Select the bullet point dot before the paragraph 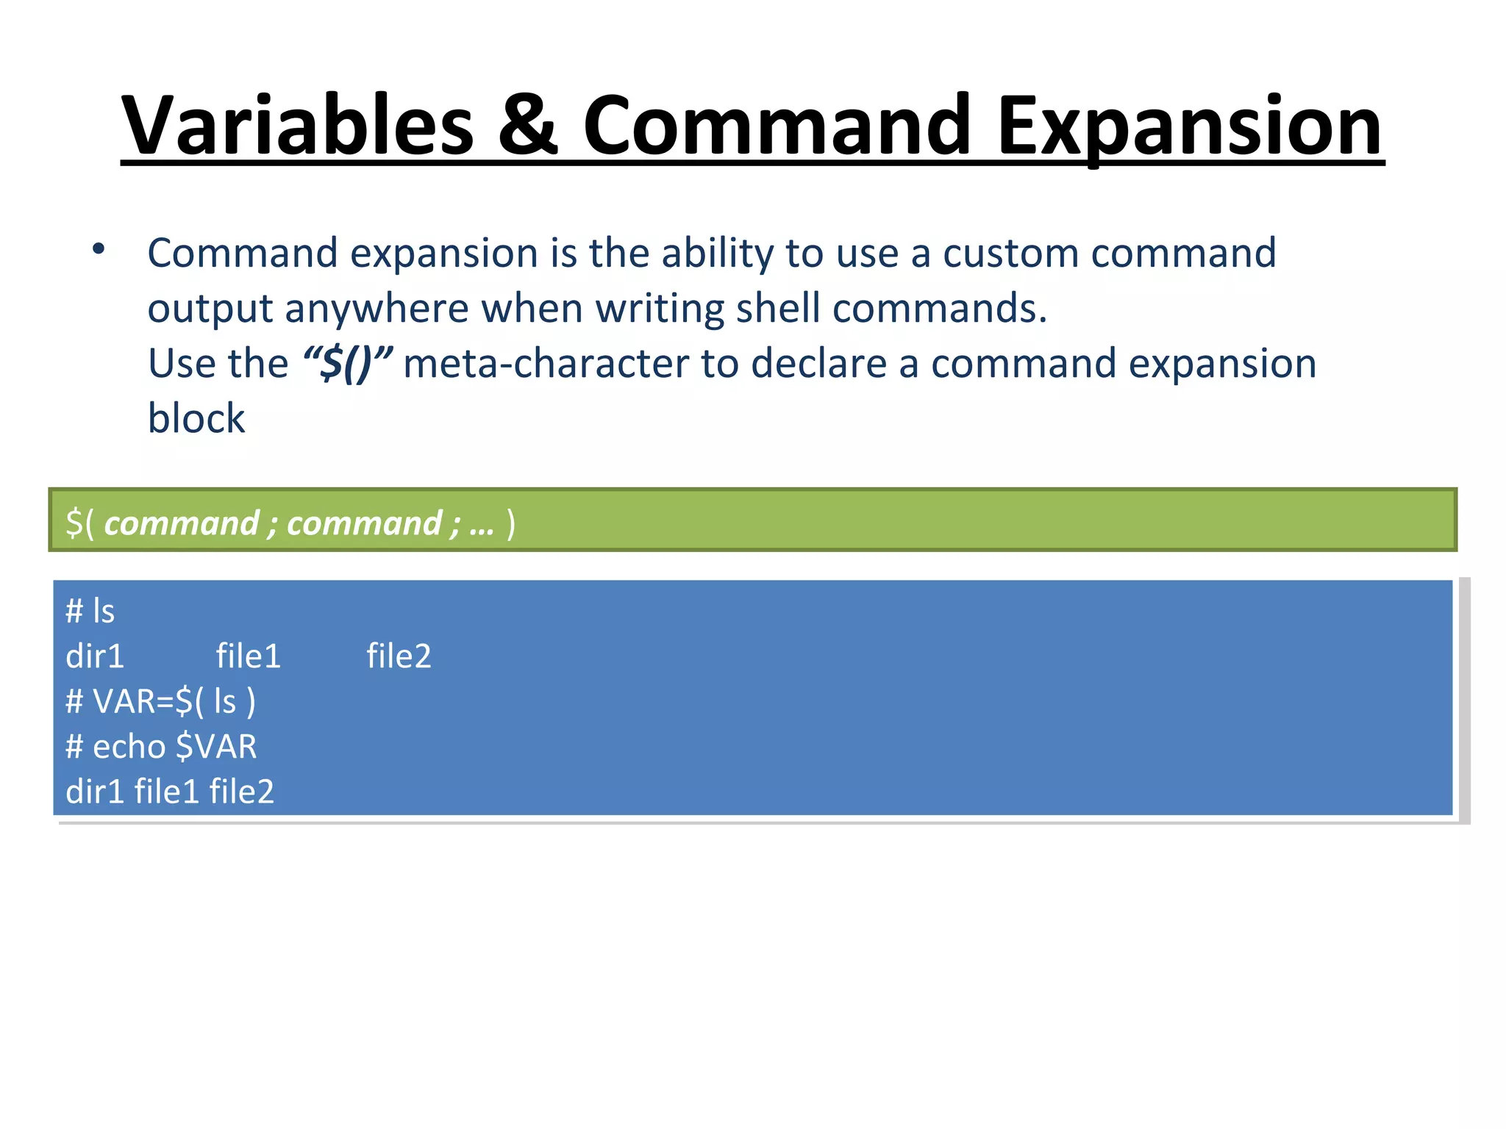tap(99, 250)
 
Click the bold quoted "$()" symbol tap(347, 364)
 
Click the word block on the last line tap(196, 419)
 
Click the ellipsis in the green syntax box tap(482, 525)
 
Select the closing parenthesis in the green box tap(511, 525)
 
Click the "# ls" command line tap(90, 612)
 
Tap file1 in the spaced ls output tap(248, 656)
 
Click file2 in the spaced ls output tap(399, 656)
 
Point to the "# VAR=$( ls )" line tap(160, 702)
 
